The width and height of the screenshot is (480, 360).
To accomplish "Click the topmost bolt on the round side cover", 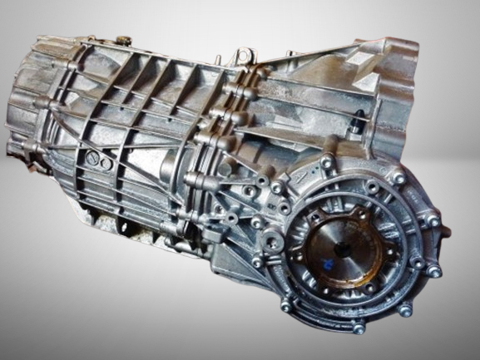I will [x=327, y=163].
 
